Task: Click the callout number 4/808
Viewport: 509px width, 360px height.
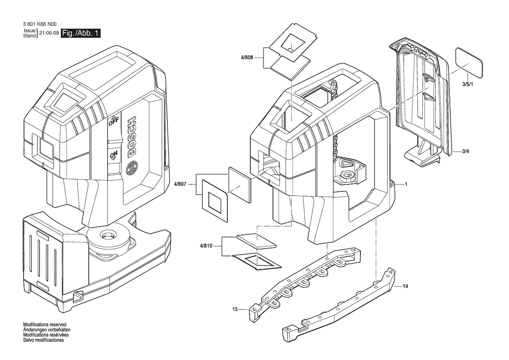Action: pyautogui.click(x=247, y=58)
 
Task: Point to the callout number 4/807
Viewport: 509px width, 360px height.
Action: pyautogui.click(x=180, y=184)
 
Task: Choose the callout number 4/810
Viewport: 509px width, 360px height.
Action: pyautogui.click(x=206, y=246)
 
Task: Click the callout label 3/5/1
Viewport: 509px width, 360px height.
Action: pyautogui.click(x=468, y=85)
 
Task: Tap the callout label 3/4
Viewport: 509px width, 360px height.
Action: pyautogui.click(x=465, y=151)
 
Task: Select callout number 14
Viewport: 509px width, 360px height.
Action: pyautogui.click(x=405, y=286)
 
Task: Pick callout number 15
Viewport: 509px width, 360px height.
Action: pyautogui.click(x=235, y=309)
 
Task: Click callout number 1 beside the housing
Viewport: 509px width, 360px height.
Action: pyautogui.click(x=406, y=184)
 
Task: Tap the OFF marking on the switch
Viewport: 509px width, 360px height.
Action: pyautogui.click(x=114, y=122)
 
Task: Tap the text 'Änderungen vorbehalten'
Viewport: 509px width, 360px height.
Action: pyautogui.click(x=47, y=329)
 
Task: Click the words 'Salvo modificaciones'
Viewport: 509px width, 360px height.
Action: pyautogui.click(x=44, y=340)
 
